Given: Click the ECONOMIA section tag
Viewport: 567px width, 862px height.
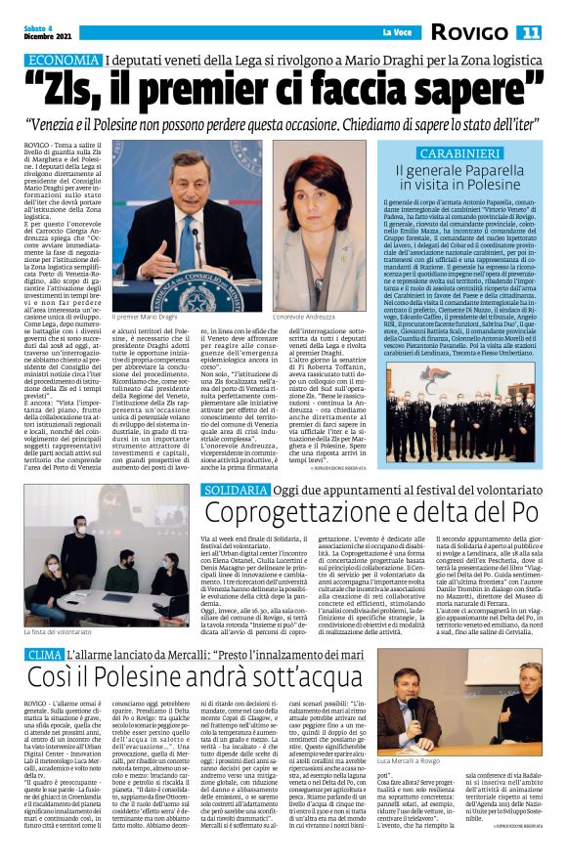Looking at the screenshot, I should click(x=65, y=60).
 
